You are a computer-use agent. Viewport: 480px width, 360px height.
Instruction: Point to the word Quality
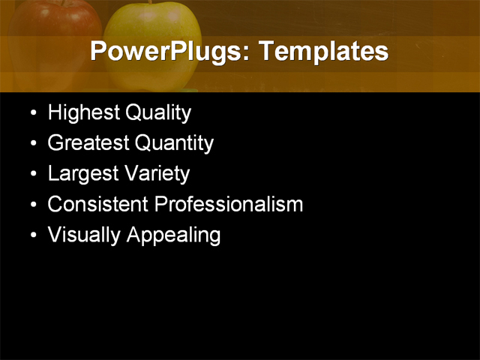tap(158, 113)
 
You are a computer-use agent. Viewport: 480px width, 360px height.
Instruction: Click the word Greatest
tap(88, 143)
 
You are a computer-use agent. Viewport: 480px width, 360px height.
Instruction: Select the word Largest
tap(81, 174)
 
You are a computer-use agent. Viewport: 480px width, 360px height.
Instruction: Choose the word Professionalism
tap(229, 204)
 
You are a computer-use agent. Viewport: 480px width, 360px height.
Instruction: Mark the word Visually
tap(85, 235)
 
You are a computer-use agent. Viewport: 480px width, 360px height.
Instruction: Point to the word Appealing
tap(173, 235)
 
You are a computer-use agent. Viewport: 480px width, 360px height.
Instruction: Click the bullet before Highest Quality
tap(32, 115)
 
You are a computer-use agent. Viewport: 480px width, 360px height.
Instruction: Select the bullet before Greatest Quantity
tap(32, 145)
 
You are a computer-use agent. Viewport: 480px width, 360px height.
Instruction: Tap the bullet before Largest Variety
tap(32, 175)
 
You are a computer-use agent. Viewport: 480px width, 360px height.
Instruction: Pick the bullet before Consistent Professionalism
tap(32, 205)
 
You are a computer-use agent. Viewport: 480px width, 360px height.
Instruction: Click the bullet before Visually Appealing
tap(32, 236)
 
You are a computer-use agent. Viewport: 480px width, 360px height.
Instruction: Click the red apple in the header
tap(52, 30)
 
